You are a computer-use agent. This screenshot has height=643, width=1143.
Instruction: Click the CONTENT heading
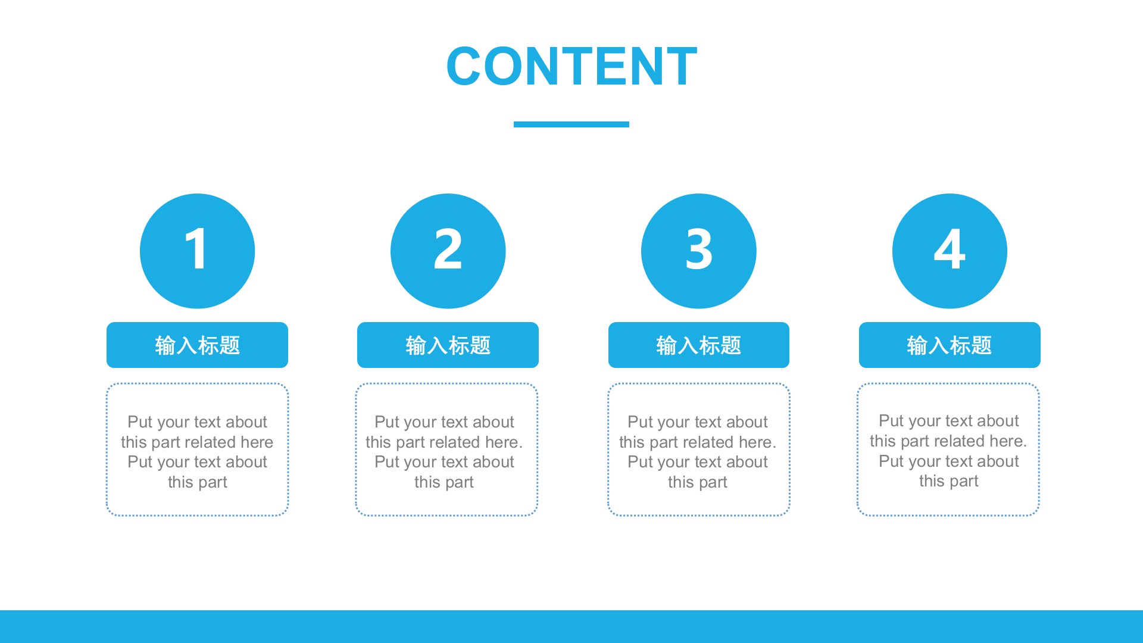tap(571, 66)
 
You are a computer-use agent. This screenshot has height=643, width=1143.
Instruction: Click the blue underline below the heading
tap(571, 124)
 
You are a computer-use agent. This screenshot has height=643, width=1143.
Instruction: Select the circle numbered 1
tap(197, 251)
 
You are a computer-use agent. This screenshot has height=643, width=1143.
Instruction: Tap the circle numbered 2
tap(448, 251)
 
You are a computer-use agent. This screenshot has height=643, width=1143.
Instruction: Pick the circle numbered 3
tap(699, 251)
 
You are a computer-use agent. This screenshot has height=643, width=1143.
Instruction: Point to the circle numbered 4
tap(950, 251)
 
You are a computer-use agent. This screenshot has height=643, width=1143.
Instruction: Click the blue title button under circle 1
tap(197, 345)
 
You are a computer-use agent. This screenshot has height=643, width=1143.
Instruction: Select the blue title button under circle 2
tap(448, 345)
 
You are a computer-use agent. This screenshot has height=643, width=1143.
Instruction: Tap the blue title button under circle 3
tap(699, 345)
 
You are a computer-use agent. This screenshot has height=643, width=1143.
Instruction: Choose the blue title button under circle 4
tap(950, 345)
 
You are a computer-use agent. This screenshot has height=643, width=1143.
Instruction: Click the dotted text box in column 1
tap(197, 384)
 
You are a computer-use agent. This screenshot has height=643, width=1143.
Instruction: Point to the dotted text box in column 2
tap(446, 384)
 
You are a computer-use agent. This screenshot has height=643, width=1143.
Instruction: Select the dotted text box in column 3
tap(699, 384)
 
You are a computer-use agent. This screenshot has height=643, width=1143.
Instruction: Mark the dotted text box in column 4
tap(948, 384)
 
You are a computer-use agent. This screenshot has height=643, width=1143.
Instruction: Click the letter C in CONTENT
tap(465, 66)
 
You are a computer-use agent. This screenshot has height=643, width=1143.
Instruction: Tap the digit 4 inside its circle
tap(950, 249)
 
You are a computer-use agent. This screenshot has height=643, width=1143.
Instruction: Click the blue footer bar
tap(571, 626)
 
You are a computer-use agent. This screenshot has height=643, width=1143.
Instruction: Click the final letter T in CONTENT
tap(679, 66)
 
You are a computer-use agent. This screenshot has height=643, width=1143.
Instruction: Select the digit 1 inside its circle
tap(196, 249)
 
